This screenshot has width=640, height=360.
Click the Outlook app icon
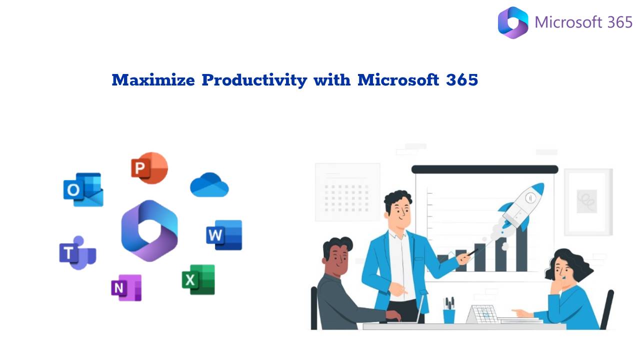pos(83,189)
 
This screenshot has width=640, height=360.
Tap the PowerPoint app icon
pos(149,168)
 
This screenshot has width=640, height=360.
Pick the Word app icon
pos(224,235)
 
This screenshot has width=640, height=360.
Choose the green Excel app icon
pos(198,279)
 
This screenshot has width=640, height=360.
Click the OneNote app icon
pos(126,287)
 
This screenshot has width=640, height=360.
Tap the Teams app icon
pos(77,253)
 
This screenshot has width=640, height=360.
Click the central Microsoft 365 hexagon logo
pos(149,230)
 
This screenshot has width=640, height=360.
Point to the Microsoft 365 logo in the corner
pos(513,22)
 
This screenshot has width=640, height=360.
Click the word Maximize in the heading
pos(153,80)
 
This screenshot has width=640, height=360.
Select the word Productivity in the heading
pos(254,80)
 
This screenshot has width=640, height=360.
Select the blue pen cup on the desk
pos(449,315)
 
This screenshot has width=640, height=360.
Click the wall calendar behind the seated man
pos(347,192)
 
